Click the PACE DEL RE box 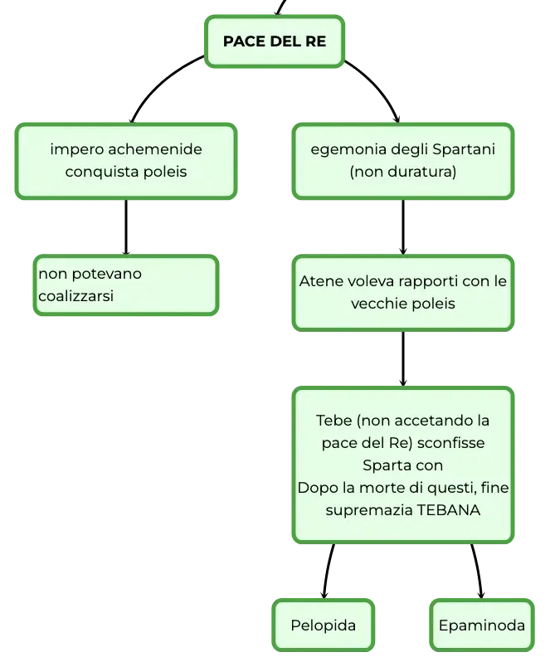point(275,41)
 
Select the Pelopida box point(324,625)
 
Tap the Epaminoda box point(481,625)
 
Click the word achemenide point(155,149)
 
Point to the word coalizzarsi point(76,295)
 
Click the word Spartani point(464,149)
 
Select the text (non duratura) point(403,172)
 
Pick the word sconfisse point(451,443)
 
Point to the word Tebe point(334,421)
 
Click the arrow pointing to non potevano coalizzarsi point(126,227)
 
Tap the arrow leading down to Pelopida point(328,571)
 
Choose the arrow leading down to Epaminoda point(478,571)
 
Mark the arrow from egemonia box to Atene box point(403,227)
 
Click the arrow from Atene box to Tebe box point(403,359)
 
